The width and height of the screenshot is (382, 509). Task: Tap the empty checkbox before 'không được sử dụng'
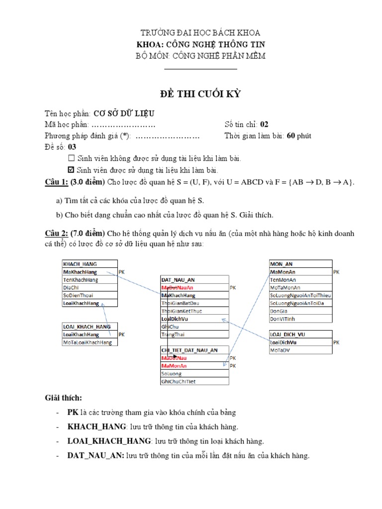(x=71, y=159)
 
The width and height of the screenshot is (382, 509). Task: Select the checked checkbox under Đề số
(x=71, y=170)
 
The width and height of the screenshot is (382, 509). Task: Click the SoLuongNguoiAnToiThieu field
(x=300, y=295)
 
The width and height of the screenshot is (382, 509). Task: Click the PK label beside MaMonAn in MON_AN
(x=336, y=272)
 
